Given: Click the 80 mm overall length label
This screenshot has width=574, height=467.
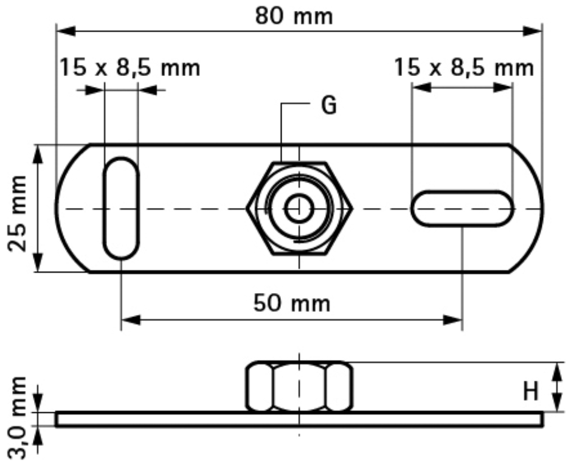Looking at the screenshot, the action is [x=294, y=16].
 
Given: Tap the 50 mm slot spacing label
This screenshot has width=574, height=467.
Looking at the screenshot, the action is [x=292, y=303].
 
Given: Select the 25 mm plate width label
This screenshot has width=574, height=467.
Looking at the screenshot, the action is [x=17, y=214].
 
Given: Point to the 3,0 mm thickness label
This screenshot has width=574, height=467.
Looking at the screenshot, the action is [x=17, y=418].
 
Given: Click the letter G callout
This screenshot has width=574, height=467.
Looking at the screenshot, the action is [x=329, y=105].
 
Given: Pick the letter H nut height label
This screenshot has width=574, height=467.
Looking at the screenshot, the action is [x=530, y=391].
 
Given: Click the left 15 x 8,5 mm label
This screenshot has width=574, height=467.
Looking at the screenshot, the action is [x=130, y=67].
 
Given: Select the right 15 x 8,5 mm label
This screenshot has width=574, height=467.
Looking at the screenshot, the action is [x=464, y=67].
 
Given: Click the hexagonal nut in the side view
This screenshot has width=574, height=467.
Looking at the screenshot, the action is [x=299, y=387].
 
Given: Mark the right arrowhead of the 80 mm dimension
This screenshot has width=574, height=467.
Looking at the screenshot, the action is [x=532, y=31].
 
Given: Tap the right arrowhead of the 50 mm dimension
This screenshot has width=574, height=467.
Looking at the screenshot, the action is [x=452, y=319].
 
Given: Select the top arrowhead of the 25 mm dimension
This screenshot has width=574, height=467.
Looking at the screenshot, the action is [x=38, y=155].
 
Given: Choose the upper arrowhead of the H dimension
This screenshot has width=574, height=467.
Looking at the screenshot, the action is [x=557, y=372].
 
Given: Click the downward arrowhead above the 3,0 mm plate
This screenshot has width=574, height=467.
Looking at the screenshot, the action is [x=38, y=403].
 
